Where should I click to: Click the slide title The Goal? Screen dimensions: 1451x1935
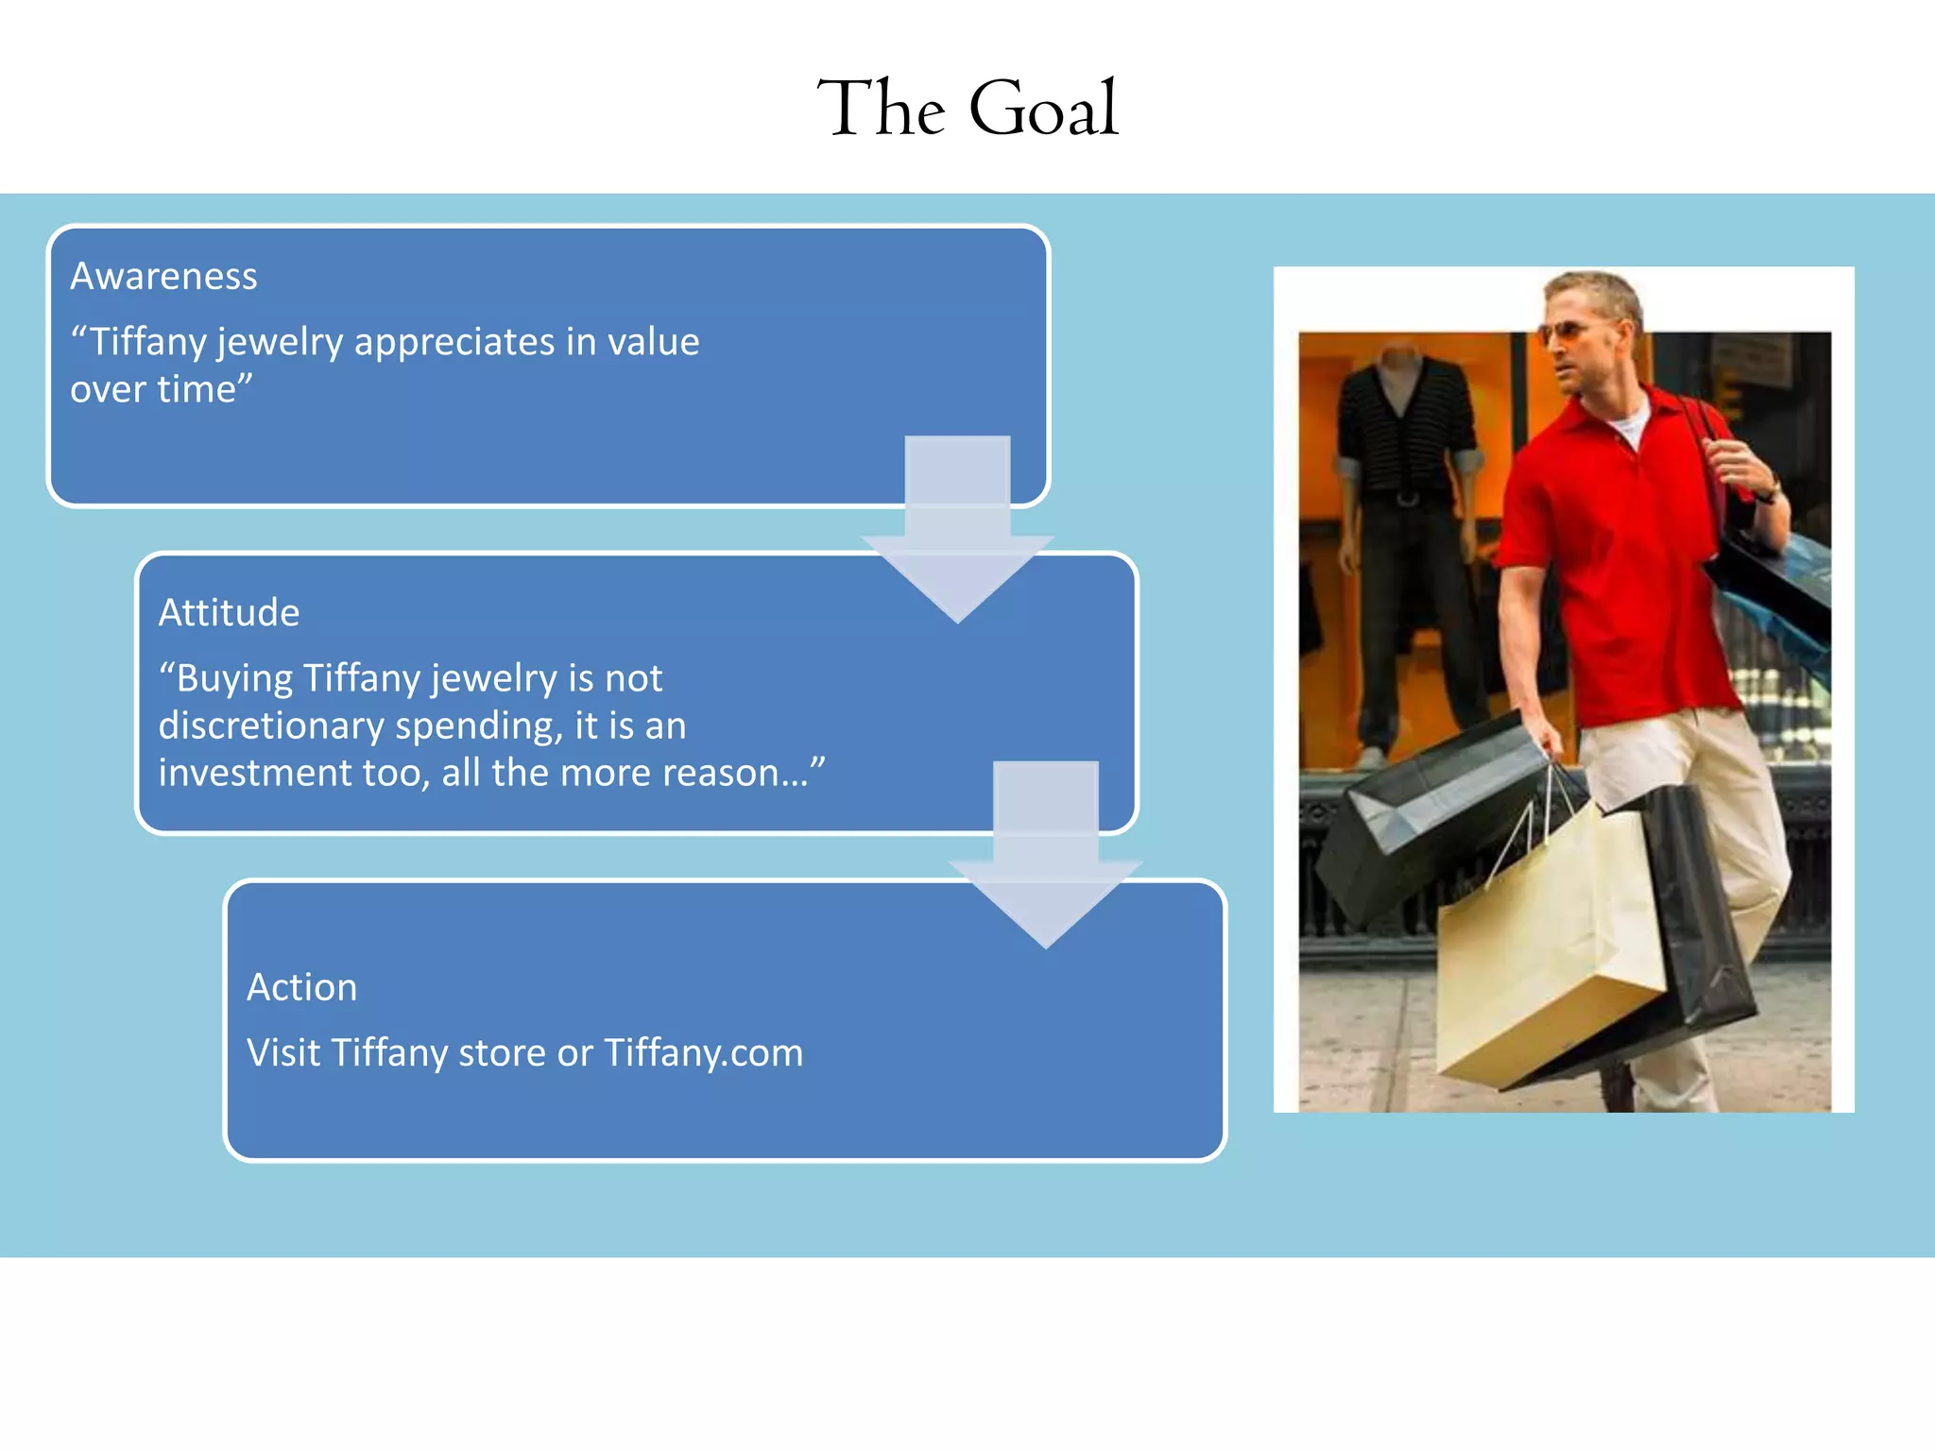coord(967,109)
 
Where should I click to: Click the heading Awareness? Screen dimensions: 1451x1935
coord(163,276)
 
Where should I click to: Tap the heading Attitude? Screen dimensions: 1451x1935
coord(229,612)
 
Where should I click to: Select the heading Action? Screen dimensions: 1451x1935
coord(301,987)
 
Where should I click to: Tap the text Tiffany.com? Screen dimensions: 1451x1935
coord(703,1052)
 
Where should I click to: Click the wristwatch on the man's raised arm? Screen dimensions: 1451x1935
coord(1767,491)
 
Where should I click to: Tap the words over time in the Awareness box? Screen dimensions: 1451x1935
coord(161,389)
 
